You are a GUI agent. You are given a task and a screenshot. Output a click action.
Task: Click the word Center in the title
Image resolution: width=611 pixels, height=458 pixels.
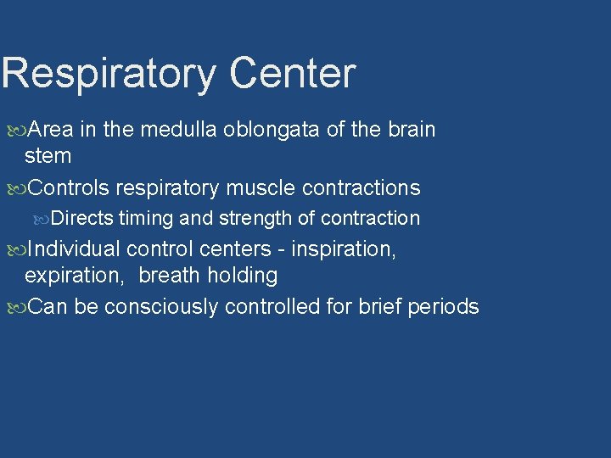[292, 73]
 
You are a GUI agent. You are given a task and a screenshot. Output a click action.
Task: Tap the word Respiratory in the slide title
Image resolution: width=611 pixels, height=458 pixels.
[109, 73]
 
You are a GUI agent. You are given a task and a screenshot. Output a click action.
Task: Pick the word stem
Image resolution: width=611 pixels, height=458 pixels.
[48, 156]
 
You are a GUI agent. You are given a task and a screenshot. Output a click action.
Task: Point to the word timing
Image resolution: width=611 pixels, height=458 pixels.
[146, 219]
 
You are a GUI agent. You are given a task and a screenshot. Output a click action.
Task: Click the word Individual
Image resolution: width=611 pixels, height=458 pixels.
[74, 249]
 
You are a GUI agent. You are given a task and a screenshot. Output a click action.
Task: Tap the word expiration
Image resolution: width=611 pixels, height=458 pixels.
[76, 276]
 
